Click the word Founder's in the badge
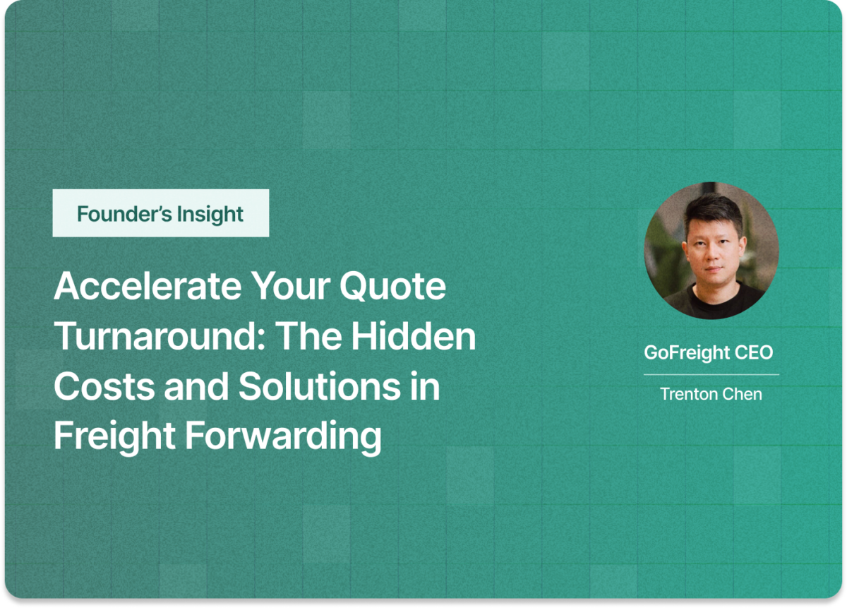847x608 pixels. point(116,213)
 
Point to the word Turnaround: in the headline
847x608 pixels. point(159,338)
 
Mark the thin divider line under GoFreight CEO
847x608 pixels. point(711,374)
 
